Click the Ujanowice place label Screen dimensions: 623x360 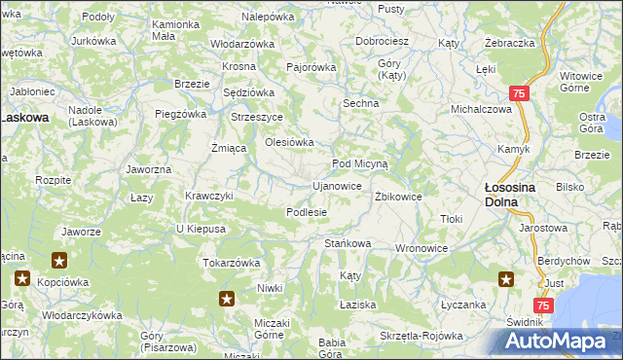337,185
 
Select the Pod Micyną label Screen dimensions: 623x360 360,163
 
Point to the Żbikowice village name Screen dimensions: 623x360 398,196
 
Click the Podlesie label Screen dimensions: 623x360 306,211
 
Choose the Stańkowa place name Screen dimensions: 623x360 348,242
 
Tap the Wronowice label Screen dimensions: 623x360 421,248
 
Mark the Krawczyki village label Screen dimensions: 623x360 209,195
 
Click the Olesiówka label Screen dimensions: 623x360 290,142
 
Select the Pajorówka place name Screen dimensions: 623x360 311,67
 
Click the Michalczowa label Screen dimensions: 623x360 481,109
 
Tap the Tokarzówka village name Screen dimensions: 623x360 231,262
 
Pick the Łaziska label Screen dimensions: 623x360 358,305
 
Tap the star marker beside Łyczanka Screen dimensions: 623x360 506,280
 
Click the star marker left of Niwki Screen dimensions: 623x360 227,299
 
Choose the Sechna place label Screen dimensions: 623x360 359,102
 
